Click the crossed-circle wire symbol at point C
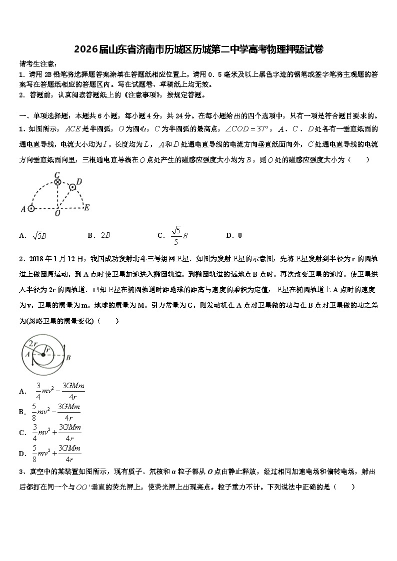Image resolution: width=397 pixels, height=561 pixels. pyautogui.click(x=57, y=182)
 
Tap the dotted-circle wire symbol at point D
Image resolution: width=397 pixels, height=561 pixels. pyautogui.click(x=73, y=187)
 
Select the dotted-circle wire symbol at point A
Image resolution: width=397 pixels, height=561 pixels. pyautogui.click(x=31, y=208)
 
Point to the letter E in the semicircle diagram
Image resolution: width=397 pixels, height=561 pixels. pyautogui.click(x=86, y=208)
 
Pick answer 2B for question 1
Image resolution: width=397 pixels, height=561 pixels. pyautogui.click(x=105, y=235)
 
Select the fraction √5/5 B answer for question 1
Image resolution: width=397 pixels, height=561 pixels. pyautogui.click(x=178, y=235)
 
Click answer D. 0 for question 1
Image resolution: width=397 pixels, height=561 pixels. pyautogui.click(x=234, y=235)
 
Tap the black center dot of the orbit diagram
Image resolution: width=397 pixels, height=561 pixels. pyautogui.click(x=43, y=355)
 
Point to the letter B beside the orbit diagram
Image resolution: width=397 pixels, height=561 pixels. pyautogui.click(x=68, y=357)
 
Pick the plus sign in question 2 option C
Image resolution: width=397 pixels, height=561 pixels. pyautogui.click(x=55, y=433)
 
